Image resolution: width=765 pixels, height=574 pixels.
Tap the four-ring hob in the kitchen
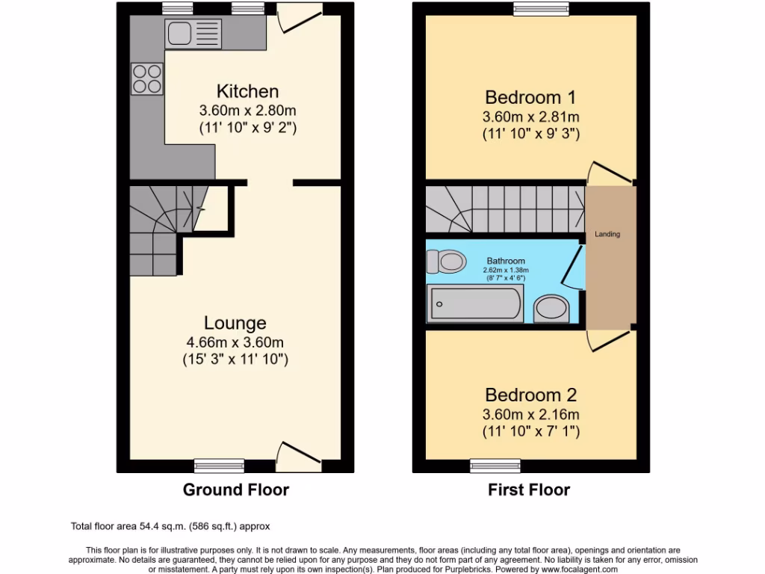click(147, 78)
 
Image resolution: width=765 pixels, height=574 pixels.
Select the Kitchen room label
click(247, 92)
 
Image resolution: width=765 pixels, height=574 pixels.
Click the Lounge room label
click(235, 323)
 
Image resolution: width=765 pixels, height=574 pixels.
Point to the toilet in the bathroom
click(445, 262)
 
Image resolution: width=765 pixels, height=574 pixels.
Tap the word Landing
click(607, 235)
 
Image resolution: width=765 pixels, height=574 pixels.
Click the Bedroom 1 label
click(531, 97)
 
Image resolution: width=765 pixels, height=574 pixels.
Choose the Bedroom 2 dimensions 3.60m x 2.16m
click(531, 415)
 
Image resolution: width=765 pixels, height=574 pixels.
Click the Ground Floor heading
click(236, 490)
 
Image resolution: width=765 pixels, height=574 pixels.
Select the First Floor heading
click(529, 490)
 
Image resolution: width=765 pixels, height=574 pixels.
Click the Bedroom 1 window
click(539, 8)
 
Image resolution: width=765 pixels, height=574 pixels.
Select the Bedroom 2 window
click(485, 466)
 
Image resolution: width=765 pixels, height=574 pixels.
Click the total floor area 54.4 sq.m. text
click(170, 525)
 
